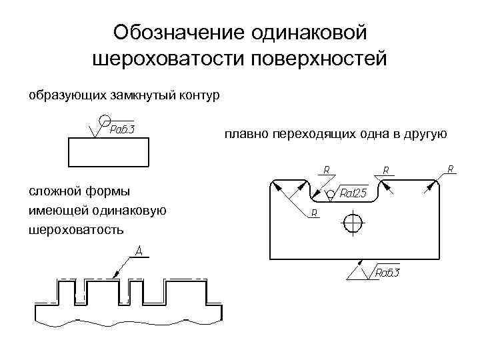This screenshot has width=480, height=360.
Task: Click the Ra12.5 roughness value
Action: [354, 194]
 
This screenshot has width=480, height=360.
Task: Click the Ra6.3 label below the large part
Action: [387, 272]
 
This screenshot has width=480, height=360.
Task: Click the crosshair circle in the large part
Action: [352, 221]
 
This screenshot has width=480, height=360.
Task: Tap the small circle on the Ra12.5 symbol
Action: [331, 195]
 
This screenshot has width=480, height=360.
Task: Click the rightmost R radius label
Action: [451, 169]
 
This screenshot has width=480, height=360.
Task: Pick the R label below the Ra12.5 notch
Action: [313, 213]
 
